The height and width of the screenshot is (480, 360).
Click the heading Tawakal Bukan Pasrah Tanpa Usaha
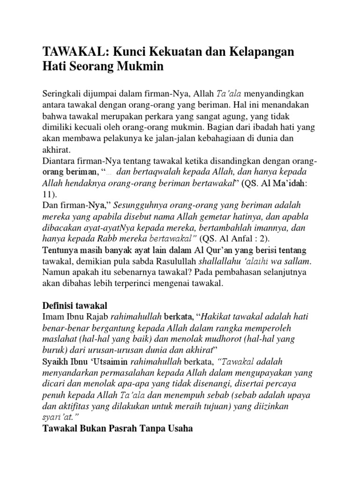118,428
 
